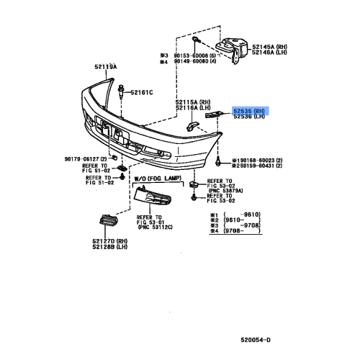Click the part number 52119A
[105, 67]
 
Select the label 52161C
[143, 91]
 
